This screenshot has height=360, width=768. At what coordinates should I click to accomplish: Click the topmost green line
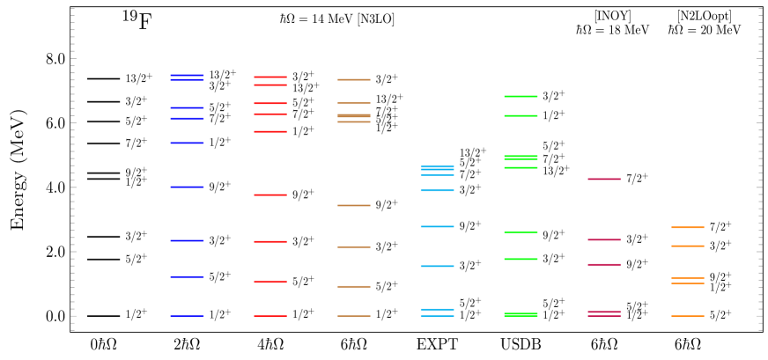pyautogui.click(x=521, y=96)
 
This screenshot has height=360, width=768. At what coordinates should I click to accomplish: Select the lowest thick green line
pyautogui.click(x=521, y=314)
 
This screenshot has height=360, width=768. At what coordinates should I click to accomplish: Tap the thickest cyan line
pyautogui.click(x=437, y=167)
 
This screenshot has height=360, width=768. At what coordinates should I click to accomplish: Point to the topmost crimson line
pyautogui.click(x=604, y=179)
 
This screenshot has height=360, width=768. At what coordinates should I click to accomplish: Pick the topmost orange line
pyautogui.click(x=688, y=227)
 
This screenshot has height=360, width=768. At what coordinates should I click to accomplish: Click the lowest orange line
pyautogui.click(x=688, y=315)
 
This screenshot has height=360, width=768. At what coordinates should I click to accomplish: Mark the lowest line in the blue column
pyautogui.click(x=187, y=315)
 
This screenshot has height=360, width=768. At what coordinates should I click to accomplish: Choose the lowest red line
pyautogui.click(x=270, y=315)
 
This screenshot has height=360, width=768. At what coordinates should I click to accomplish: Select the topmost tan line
pyautogui.click(x=354, y=79)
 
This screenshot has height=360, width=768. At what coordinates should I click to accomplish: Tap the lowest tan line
pyautogui.click(x=354, y=315)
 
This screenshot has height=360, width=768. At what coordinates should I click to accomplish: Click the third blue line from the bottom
pyautogui.click(x=187, y=240)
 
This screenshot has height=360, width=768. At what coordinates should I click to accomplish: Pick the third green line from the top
pyautogui.click(x=521, y=158)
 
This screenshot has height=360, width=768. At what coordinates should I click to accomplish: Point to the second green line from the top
pyautogui.click(x=521, y=115)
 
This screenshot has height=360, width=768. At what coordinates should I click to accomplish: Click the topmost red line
pyautogui.click(x=270, y=77)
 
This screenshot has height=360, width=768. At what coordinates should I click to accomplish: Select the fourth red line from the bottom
pyautogui.click(x=270, y=195)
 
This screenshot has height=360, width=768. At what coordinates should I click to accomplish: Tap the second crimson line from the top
pyautogui.click(x=604, y=239)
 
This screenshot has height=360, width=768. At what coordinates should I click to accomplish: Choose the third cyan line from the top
pyautogui.click(x=437, y=190)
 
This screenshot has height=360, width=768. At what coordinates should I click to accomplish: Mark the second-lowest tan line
pyautogui.click(x=354, y=286)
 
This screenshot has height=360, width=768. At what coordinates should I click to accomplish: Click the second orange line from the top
pyautogui.click(x=688, y=246)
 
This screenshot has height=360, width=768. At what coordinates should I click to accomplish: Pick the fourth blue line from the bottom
pyautogui.click(x=187, y=187)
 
